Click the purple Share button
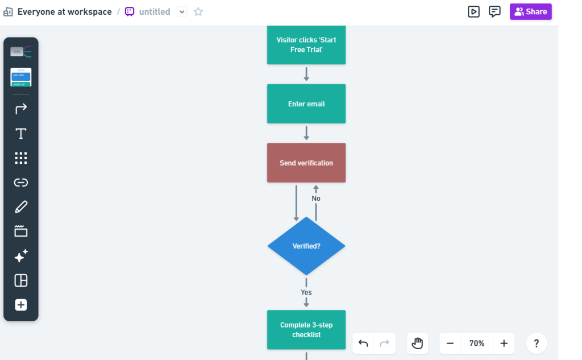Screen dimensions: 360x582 (x=530, y=11)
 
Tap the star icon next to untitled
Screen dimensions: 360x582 (x=198, y=11)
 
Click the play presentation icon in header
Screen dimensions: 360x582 (x=473, y=11)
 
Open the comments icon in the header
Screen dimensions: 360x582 (x=494, y=11)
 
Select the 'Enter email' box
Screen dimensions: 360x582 (x=306, y=104)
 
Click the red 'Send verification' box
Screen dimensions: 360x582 (x=306, y=163)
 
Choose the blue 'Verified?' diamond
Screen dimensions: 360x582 (x=306, y=246)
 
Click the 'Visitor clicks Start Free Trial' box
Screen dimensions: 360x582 (x=306, y=45)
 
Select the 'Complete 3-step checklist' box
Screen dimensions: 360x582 (x=306, y=330)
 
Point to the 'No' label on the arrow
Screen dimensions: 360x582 (x=316, y=198)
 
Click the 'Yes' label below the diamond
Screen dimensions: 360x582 (x=306, y=292)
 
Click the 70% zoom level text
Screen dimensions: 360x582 (x=477, y=344)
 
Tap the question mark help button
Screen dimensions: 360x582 (x=537, y=344)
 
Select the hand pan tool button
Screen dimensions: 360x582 (x=418, y=344)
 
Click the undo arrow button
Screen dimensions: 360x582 (x=363, y=344)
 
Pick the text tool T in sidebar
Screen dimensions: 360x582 (x=21, y=134)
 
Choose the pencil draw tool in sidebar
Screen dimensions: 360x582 (x=21, y=207)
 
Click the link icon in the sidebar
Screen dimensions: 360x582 (x=21, y=183)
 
